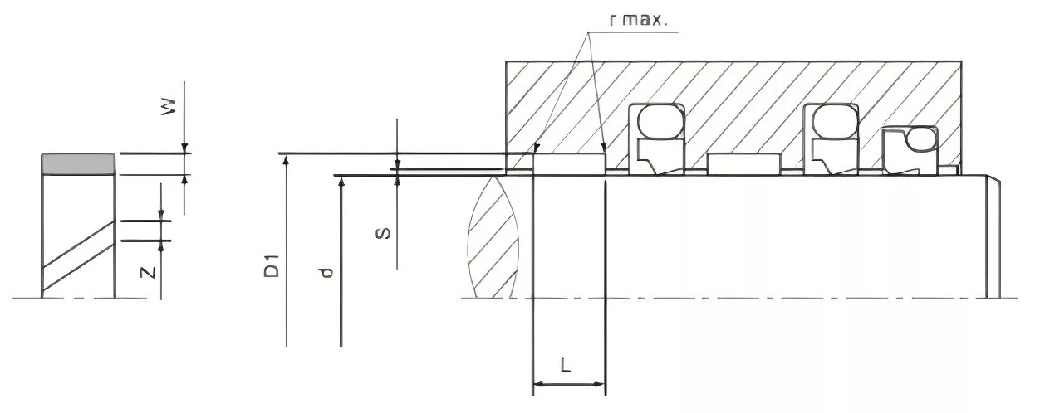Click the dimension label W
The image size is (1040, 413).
click(169, 107)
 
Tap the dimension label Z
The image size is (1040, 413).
click(148, 271)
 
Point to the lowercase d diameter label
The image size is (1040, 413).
click(326, 271)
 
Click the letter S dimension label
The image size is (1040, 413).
click(383, 233)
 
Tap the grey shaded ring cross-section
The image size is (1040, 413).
click(78, 163)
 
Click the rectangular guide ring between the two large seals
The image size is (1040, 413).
click(744, 163)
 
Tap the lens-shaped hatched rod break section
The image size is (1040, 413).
click(493, 236)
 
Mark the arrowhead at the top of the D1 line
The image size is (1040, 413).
click(286, 159)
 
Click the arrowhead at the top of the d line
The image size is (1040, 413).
click(341, 181)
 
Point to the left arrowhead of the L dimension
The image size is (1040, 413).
click(537, 385)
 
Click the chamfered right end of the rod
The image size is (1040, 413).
click(993, 236)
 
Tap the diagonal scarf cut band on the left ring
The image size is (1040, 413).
click(78, 254)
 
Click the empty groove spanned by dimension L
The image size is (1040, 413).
click(569, 163)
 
